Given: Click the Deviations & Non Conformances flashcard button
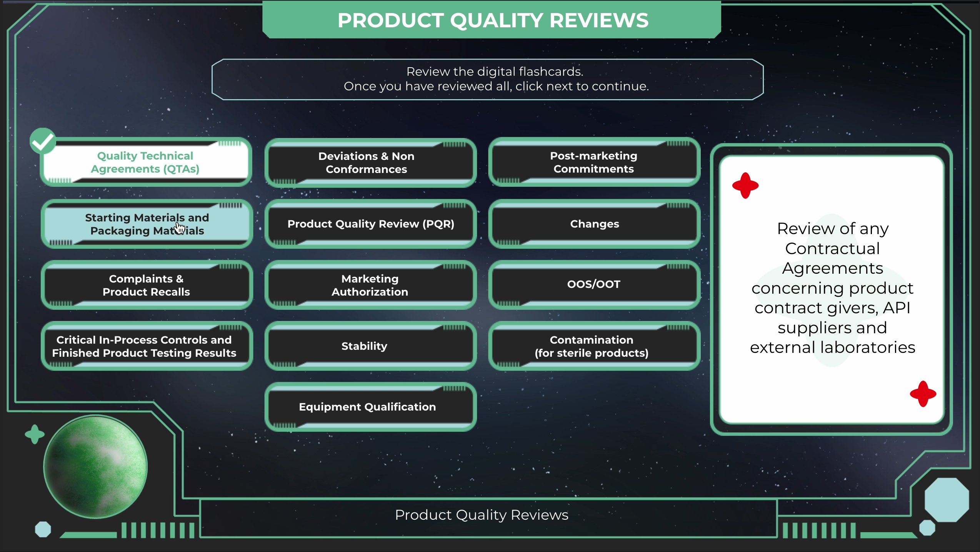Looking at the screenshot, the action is pos(370,163).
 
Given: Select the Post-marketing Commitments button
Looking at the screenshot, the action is pos(594,162).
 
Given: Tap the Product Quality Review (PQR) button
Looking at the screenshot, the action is pos(370,224).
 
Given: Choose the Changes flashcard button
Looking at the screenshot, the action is pos(594,224).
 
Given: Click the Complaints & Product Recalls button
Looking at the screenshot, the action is pos(147,285).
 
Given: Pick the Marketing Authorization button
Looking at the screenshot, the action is pos(370,285).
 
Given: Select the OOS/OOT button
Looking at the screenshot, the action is pos(594,285).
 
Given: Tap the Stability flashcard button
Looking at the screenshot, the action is pos(370,346).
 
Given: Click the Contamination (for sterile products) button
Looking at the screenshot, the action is pos(594,346).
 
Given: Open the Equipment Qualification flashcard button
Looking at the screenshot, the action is pos(370,407).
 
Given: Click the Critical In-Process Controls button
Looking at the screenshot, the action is pos(147,346).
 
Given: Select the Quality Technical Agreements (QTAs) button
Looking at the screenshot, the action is pos(147,162).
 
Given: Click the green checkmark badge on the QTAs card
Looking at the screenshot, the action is pos(43,141).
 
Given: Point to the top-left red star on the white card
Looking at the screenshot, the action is pos(745,186).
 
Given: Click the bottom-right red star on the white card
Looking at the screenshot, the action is pos(923,394).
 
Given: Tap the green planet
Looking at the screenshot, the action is pos(95,467).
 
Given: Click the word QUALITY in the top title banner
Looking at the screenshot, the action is pos(496,20).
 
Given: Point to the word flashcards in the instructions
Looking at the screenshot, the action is pos(551,71).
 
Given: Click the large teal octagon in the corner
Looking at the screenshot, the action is pos(947,500).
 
